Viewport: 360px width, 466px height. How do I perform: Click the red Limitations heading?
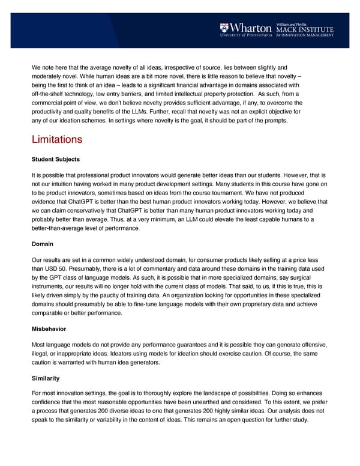click(56, 139)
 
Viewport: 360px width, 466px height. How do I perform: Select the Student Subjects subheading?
click(55, 160)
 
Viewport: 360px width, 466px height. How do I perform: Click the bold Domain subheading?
click(42, 245)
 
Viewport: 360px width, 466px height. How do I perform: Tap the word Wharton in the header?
click(251, 27)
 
